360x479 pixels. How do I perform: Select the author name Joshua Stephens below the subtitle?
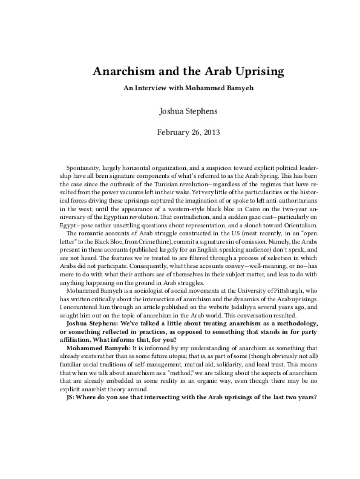pos(180,110)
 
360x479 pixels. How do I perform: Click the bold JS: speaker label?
pos(70,398)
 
